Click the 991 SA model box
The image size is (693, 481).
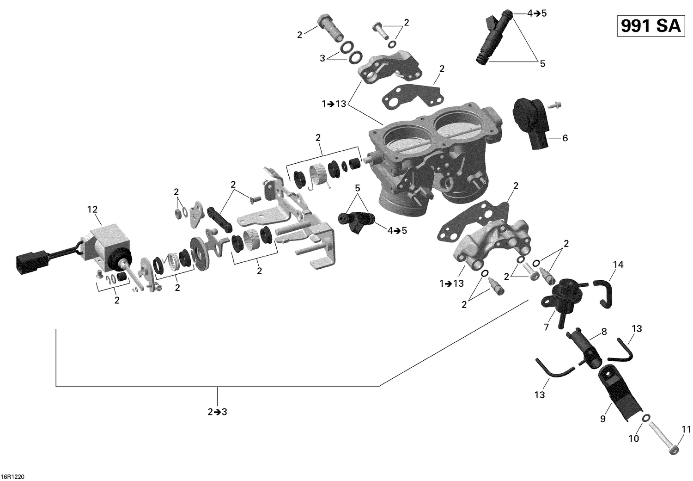coord(650,26)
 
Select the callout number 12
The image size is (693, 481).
coord(92,210)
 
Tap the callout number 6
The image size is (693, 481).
coord(565,138)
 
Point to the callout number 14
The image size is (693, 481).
coord(618,265)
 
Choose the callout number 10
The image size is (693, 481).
coord(634,438)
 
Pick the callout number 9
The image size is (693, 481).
coord(602,419)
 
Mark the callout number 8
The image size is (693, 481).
coord(604,332)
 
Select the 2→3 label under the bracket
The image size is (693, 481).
coord(217,412)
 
